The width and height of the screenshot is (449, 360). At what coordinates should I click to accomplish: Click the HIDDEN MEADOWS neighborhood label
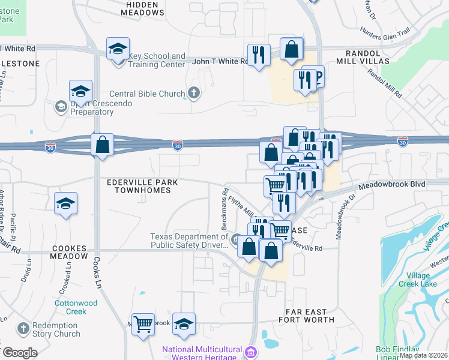143,8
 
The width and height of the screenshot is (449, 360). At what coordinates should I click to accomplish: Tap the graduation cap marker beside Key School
118,49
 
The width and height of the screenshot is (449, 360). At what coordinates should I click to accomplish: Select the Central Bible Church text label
147,94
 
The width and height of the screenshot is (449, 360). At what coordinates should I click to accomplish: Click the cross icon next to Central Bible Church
193,93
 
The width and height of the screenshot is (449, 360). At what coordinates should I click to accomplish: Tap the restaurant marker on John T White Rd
259,55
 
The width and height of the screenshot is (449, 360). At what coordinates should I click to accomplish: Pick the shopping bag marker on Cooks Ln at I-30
103,145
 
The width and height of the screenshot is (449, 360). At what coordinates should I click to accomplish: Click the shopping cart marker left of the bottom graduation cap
143,325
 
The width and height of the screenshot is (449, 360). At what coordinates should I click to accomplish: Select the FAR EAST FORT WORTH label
306,316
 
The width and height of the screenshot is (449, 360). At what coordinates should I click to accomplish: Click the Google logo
19,353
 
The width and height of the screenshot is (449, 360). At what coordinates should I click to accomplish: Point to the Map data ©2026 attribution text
423,355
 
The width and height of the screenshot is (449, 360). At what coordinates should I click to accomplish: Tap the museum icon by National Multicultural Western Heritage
252,350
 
